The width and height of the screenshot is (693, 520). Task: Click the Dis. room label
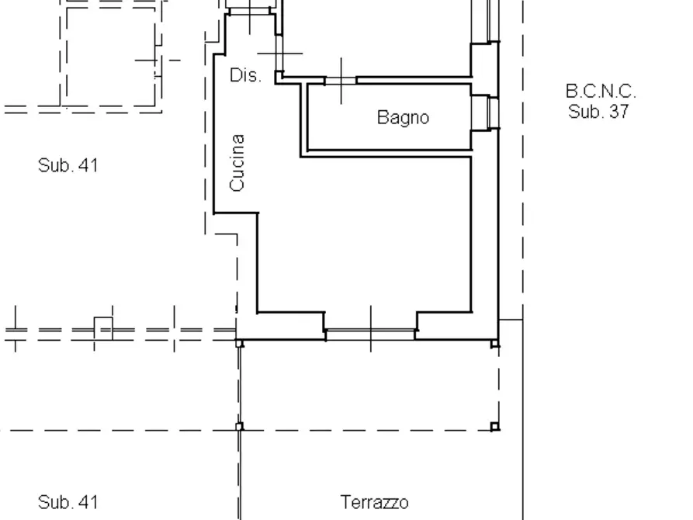pyautogui.click(x=245, y=75)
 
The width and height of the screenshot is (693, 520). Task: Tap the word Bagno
pyautogui.click(x=403, y=117)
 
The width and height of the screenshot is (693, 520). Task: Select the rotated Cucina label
pyautogui.click(x=237, y=163)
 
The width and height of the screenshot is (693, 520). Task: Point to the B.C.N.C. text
pyautogui.click(x=600, y=92)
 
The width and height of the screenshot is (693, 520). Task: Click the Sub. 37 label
pyautogui.click(x=598, y=111)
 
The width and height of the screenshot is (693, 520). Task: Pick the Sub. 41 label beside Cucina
pyautogui.click(x=68, y=165)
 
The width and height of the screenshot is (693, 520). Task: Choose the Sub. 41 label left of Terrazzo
pyautogui.click(x=68, y=502)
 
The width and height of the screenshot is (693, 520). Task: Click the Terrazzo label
pyautogui.click(x=374, y=502)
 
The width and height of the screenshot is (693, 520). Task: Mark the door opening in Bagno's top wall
pyautogui.click(x=341, y=80)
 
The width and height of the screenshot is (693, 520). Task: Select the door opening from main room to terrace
pyautogui.click(x=370, y=334)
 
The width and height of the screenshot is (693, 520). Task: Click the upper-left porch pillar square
pyautogui.click(x=240, y=342)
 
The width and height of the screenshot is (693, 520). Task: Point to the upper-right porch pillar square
pyautogui.click(x=494, y=342)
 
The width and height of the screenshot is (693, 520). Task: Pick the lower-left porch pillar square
pyautogui.click(x=240, y=426)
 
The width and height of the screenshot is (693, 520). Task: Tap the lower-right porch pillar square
pyautogui.click(x=494, y=426)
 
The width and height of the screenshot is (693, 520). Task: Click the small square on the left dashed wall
pyautogui.click(x=103, y=328)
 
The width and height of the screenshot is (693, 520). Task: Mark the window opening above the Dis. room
pyautogui.click(x=250, y=11)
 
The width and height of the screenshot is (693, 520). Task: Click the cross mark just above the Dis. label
pyautogui.click(x=279, y=54)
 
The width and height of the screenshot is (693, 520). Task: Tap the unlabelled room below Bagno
pyautogui.click(x=365, y=233)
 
